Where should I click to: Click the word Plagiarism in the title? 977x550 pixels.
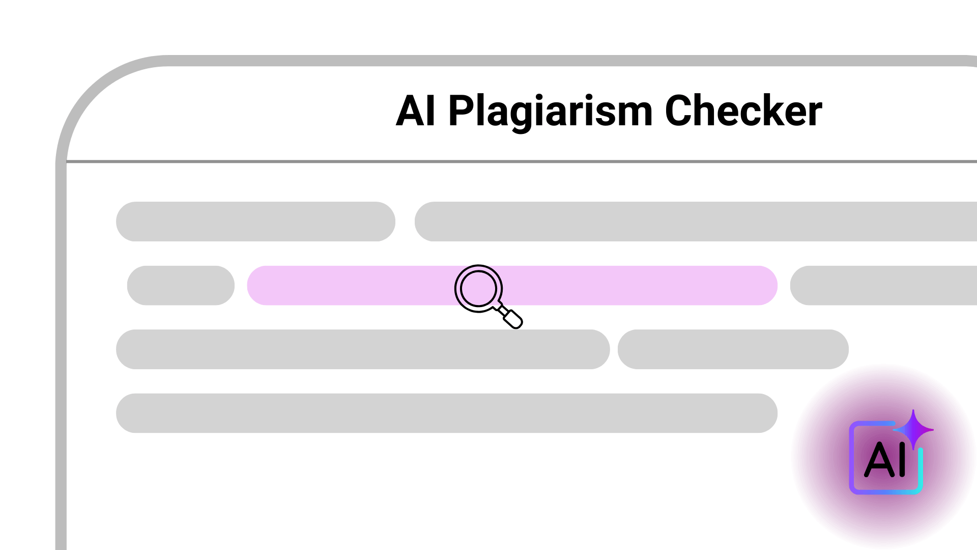(x=550, y=112)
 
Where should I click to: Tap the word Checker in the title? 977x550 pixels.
(x=743, y=111)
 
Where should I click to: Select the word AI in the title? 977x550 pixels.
(x=416, y=111)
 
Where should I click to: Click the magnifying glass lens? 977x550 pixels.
(x=478, y=288)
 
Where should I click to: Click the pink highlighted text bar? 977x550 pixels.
(x=512, y=285)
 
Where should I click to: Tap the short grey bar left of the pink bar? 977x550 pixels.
(x=181, y=285)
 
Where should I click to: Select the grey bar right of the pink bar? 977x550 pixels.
(x=883, y=285)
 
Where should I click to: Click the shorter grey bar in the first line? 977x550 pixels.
(x=255, y=222)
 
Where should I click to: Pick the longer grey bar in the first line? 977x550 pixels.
(x=696, y=222)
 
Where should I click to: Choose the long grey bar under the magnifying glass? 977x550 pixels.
(x=363, y=349)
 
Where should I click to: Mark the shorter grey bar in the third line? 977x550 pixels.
(x=733, y=349)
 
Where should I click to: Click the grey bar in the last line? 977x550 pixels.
(x=447, y=413)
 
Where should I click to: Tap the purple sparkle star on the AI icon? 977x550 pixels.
(x=913, y=430)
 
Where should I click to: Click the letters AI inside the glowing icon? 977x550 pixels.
(x=886, y=459)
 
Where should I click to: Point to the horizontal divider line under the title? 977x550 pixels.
(x=522, y=161)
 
